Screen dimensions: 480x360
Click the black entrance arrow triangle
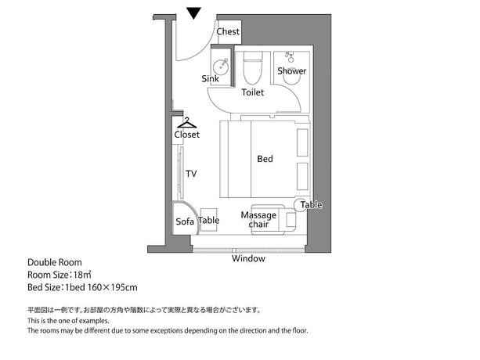pyautogui.click(x=194, y=13)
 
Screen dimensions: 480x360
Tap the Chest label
pyautogui.click(x=228, y=31)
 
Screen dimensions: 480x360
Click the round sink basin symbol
pyautogui.click(x=220, y=65)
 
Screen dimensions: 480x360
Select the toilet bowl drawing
pyautogui.click(x=253, y=68)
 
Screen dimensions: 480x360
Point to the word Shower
pyautogui.click(x=292, y=71)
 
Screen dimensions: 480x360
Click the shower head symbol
pyautogui.click(x=290, y=57)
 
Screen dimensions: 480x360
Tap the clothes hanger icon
pyautogui.click(x=186, y=123)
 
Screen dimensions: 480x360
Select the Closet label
pyautogui.click(x=186, y=135)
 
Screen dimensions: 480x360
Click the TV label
pyautogui.click(x=191, y=174)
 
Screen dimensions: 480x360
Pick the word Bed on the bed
pyautogui.click(x=265, y=159)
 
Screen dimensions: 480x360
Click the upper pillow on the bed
pyautogui.click(x=302, y=143)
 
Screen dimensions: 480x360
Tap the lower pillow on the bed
pyautogui.click(x=302, y=177)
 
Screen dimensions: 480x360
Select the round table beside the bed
pyautogui.click(x=301, y=205)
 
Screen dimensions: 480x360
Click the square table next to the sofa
pyautogui.click(x=209, y=220)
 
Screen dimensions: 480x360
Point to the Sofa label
pyautogui.click(x=185, y=221)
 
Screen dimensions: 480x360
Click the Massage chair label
pyautogui.click(x=258, y=220)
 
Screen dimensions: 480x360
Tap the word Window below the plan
pyautogui.click(x=248, y=258)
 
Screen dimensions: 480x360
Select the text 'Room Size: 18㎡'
pyautogui.click(x=60, y=275)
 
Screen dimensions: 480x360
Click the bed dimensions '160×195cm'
pyautogui.click(x=112, y=287)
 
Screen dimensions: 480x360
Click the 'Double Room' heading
pyautogui.click(x=55, y=262)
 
